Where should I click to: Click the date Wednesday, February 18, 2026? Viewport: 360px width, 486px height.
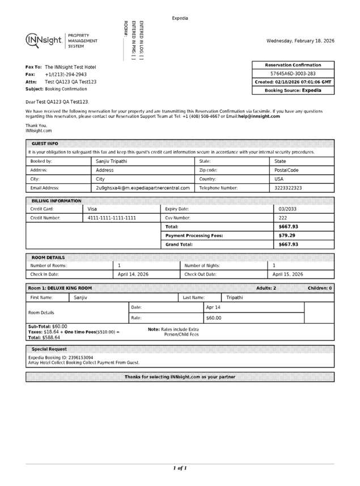[300, 41]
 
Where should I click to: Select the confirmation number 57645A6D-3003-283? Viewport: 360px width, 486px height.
[293, 74]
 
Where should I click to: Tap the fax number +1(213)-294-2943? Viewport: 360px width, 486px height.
[66, 74]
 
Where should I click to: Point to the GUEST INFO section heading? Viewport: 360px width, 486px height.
[45, 144]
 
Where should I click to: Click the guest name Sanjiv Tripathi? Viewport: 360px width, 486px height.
[112, 162]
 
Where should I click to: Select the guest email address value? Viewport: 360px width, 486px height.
[142, 188]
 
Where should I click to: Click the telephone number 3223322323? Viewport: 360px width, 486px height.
[288, 188]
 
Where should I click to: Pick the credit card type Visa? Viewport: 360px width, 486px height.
[92, 209]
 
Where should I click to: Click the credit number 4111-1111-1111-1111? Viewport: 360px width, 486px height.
[112, 218]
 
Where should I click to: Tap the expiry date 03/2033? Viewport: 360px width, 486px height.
[288, 209]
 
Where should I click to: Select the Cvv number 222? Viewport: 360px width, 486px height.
[283, 218]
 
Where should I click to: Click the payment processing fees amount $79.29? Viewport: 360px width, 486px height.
[287, 235]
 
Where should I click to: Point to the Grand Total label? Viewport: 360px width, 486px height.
[179, 244]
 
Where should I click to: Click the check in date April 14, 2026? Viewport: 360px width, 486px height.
[133, 274]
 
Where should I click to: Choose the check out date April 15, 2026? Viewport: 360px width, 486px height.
[288, 274]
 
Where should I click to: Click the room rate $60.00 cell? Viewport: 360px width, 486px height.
[214, 318]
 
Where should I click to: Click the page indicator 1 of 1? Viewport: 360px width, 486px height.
[180, 468]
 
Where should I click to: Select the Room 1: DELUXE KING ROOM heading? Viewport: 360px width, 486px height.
[60, 289]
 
